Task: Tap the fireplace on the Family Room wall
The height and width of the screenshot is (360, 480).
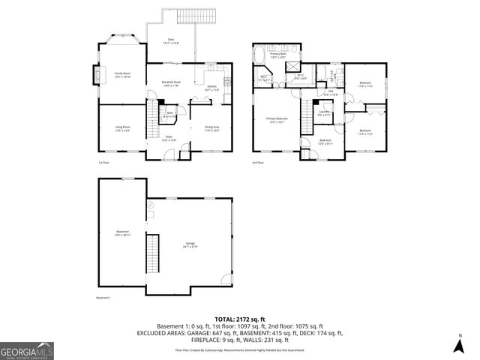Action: point(95,73)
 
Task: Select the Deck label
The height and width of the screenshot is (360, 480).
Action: point(170,42)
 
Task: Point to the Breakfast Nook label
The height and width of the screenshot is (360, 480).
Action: point(172,84)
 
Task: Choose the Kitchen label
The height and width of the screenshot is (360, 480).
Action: point(212,88)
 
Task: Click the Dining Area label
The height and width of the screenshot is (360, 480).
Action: point(212,128)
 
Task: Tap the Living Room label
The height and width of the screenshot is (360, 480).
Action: point(122,128)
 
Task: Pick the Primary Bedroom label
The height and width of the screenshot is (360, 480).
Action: point(277,119)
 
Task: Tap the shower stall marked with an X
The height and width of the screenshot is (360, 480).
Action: point(287,65)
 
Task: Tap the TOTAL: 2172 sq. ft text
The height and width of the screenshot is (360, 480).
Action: point(239,319)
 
